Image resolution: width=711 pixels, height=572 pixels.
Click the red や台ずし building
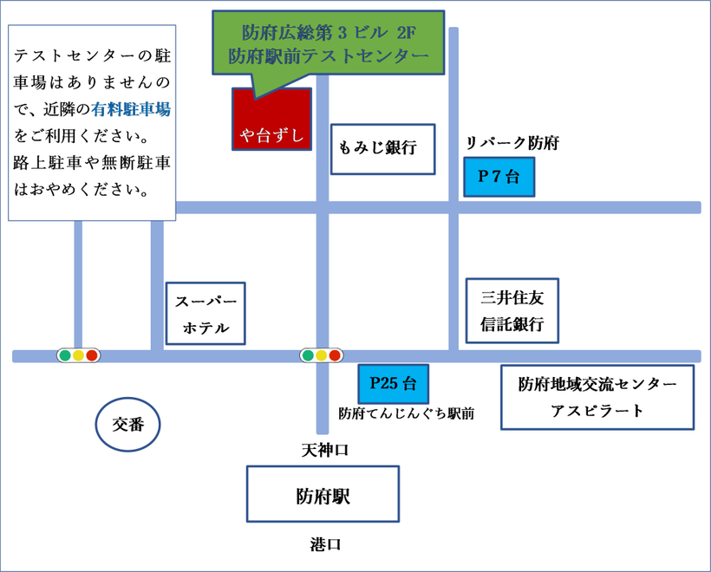point(271,120)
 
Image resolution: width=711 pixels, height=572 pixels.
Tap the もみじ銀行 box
point(383,148)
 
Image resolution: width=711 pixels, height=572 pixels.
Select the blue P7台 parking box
point(499,177)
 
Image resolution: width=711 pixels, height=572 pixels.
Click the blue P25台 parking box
point(393,383)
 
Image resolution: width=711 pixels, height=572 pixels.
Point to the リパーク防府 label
point(512,143)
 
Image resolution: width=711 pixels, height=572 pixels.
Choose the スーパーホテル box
point(205,314)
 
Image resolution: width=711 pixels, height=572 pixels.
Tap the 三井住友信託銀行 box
point(512,310)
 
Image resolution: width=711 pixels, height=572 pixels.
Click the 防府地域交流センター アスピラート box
point(597,397)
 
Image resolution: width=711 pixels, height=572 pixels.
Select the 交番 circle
point(127,424)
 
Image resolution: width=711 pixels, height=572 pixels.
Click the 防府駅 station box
point(323,497)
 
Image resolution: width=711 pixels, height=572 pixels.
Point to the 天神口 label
point(324,450)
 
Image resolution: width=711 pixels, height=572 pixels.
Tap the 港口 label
point(325,545)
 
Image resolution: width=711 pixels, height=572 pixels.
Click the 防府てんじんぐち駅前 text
point(406,414)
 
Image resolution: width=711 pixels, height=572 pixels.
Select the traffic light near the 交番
point(78,355)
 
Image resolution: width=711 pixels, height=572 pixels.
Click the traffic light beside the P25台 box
point(321,355)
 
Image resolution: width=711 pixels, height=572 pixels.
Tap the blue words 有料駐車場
point(130,110)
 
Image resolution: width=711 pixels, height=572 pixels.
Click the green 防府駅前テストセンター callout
point(328,43)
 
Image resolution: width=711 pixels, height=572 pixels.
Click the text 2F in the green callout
point(405,33)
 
